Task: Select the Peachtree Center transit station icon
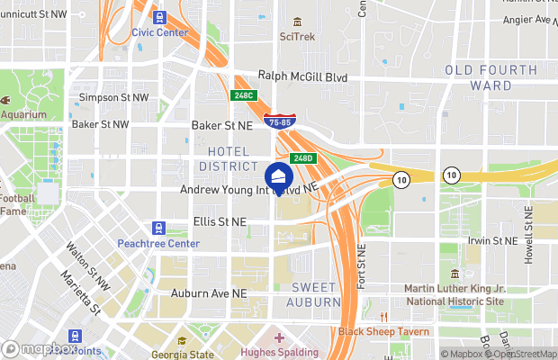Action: pos(159,229)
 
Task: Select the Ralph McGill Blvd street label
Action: pos(302,77)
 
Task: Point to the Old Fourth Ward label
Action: pos(490,78)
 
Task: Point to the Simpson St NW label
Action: pos(114,97)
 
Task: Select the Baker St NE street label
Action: pos(225,127)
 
